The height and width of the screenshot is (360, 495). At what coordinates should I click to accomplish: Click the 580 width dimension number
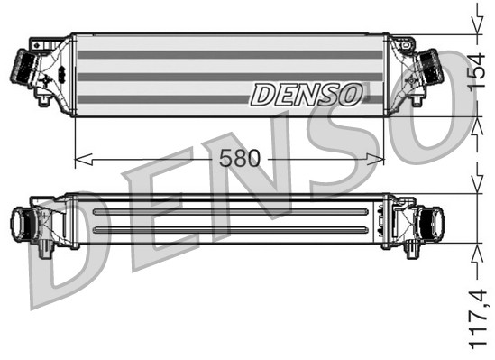tap(239, 159)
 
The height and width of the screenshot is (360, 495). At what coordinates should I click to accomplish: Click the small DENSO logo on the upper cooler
tap(307, 93)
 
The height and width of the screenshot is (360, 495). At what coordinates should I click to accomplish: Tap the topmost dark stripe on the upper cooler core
tap(230, 55)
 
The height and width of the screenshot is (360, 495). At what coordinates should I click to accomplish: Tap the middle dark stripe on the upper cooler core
tap(230, 77)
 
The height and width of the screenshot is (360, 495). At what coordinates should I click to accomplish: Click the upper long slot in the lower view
tap(230, 212)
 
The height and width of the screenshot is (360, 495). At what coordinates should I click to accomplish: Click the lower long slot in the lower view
tap(230, 230)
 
